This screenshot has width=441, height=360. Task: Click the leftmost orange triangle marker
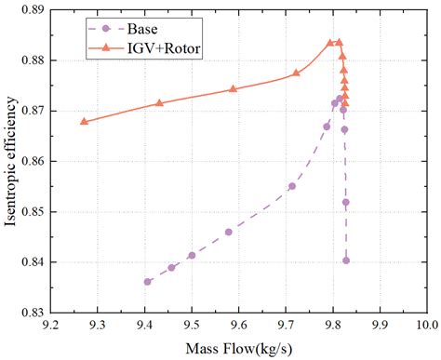[84, 121]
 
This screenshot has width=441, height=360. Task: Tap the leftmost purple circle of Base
[147, 281]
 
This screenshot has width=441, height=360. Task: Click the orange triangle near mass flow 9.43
[159, 102]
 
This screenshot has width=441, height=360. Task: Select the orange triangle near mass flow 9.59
[234, 89]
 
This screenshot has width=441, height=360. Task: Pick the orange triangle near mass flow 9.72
[296, 73]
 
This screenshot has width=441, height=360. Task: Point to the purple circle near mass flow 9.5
[192, 255]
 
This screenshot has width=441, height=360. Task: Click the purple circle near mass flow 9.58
[229, 232]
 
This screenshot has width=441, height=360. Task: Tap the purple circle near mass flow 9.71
[291, 186]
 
